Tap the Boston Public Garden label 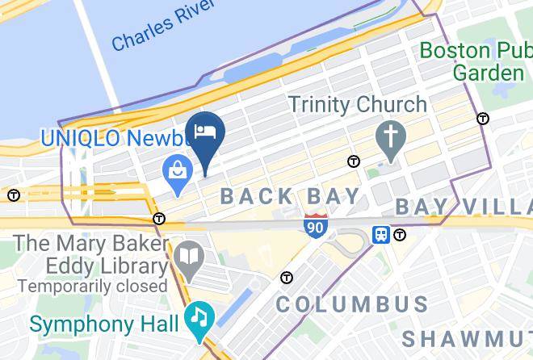point(476,61)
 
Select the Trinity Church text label point(357,104)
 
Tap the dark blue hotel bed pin point(205,132)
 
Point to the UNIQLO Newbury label point(113,137)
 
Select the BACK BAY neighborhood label point(291,196)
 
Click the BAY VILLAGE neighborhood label point(464,207)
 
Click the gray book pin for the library point(189,257)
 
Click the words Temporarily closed point(92,287)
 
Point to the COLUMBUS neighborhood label point(351,304)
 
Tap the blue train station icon point(380,234)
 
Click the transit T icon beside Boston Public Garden point(483,119)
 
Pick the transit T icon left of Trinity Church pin point(353,161)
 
